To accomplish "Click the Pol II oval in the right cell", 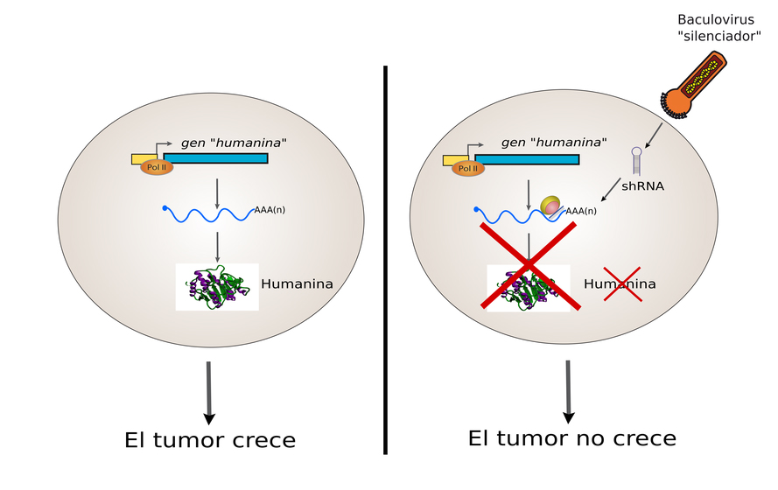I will point(468,168).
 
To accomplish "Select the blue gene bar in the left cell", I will point(215,157).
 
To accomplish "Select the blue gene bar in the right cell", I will point(526,159).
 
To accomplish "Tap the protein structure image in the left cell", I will point(216,287).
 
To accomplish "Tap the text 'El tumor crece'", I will point(210,439).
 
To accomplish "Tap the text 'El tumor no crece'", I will point(571,437).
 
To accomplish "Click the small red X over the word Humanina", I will point(622,284).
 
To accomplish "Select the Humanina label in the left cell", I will point(297,284).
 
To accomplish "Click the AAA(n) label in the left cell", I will point(270,210).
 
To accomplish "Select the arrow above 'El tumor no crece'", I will point(569,390).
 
